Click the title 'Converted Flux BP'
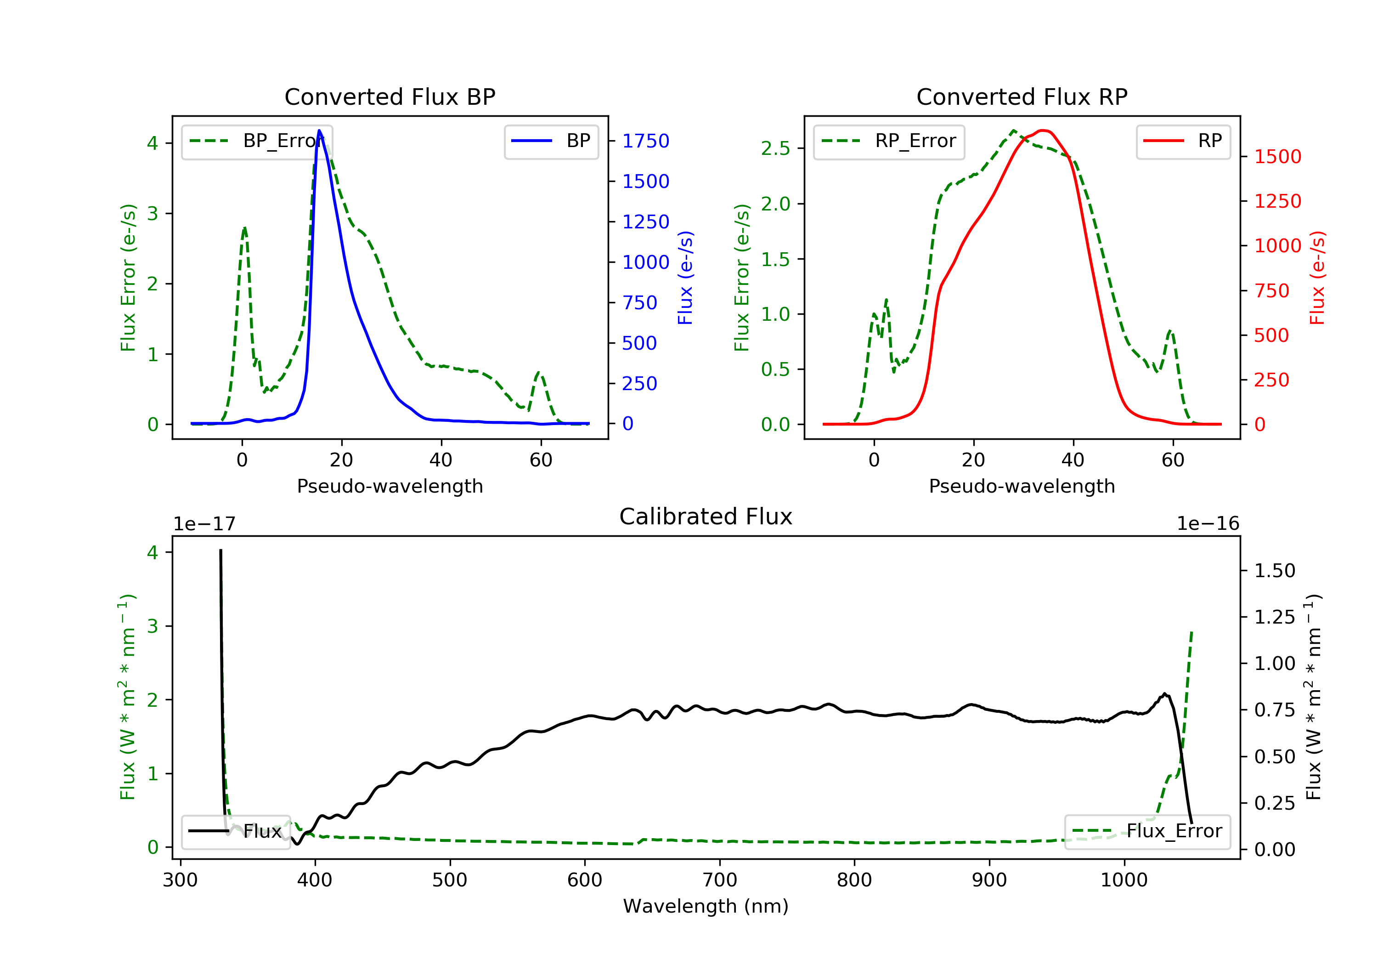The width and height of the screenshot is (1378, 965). click(390, 96)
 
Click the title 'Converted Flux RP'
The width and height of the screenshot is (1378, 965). click(1022, 96)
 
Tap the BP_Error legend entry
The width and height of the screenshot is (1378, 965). click(256, 141)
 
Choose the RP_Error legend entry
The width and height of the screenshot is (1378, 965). click(888, 141)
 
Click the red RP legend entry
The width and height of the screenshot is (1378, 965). click(1182, 141)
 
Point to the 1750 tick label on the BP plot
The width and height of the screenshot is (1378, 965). click(645, 141)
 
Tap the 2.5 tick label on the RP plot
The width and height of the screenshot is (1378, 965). click(775, 148)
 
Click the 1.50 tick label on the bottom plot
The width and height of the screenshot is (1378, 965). click(1274, 570)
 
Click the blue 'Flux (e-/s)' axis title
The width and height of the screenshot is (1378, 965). click(685, 278)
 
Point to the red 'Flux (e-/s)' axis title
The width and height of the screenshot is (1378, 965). click(1317, 278)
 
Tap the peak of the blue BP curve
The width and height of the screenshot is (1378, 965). click(319, 131)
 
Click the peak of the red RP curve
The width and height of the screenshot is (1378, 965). click(1043, 131)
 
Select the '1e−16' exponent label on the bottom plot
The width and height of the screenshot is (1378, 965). click(1208, 524)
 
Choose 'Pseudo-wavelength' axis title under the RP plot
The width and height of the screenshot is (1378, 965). click(1022, 486)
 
